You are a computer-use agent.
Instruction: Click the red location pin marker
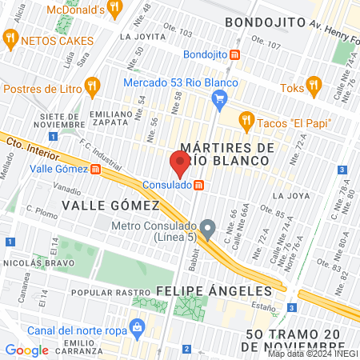click(180, 163)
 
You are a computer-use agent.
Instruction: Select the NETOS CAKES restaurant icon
click(10, 38)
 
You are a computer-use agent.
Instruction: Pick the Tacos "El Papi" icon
click(246, 121)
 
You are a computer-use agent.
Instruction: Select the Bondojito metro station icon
click(235, 54)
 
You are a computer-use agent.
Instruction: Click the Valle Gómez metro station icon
click(95, 169)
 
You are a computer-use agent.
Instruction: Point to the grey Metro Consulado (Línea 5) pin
click(207, 230)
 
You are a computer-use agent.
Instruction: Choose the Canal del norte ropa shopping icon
click(137, 328)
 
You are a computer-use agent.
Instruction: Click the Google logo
click(27, 350)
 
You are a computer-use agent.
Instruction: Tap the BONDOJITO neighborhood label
click(265, 22)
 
